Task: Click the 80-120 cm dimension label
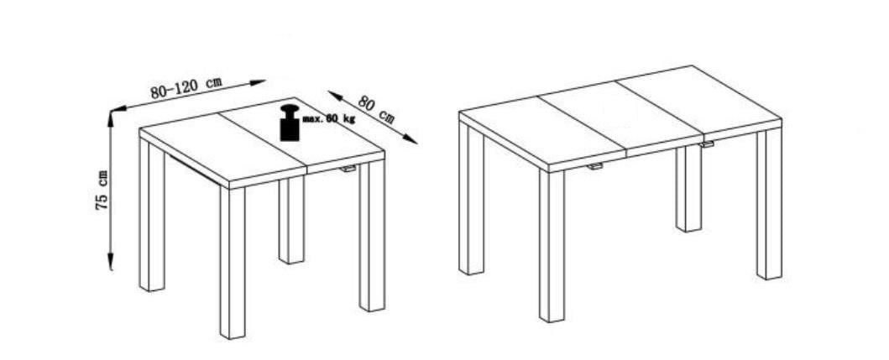[186, 88]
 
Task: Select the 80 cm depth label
[376, 109]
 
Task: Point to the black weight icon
[290, 123]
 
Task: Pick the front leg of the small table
[233, 263]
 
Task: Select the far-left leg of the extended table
[472, 198]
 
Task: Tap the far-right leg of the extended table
[769, 204]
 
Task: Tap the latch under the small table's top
[348, 169]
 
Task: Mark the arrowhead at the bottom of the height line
[111, 263]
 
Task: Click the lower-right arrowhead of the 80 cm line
[411, 139]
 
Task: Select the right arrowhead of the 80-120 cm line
[258, 83]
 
